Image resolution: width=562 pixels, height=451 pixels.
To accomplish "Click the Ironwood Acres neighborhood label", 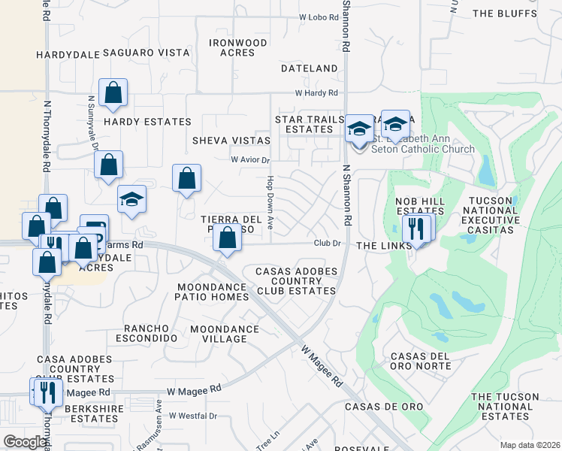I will pyautogui.click(x=237, y=48).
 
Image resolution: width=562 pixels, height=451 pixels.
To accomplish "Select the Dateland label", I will pyautogui.click(x=310, y=68).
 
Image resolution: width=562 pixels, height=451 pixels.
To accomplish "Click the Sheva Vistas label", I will pyautogui.click(x=231, y=141).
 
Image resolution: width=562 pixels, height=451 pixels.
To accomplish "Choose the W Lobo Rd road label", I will pyautogui.click(x=320, y=17).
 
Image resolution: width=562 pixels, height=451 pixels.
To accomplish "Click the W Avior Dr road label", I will pyautogui.click(x=249, y=159).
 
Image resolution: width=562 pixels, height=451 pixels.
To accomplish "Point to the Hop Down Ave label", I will pyautogui.click(x=269, y=195).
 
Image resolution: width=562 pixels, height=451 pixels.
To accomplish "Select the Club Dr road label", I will pyautogui.click(x=328, y=243).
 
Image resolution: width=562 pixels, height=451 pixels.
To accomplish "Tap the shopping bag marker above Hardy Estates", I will pyautogui.click(x=113, y=93).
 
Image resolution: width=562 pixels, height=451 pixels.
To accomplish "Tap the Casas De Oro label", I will pyautogui.click(x=384, y=407).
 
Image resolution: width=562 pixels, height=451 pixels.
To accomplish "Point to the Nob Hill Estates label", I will pyautogui.click(x=420, y=207).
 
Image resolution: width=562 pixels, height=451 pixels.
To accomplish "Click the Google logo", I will pyautogui.click(x=25, y=442).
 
